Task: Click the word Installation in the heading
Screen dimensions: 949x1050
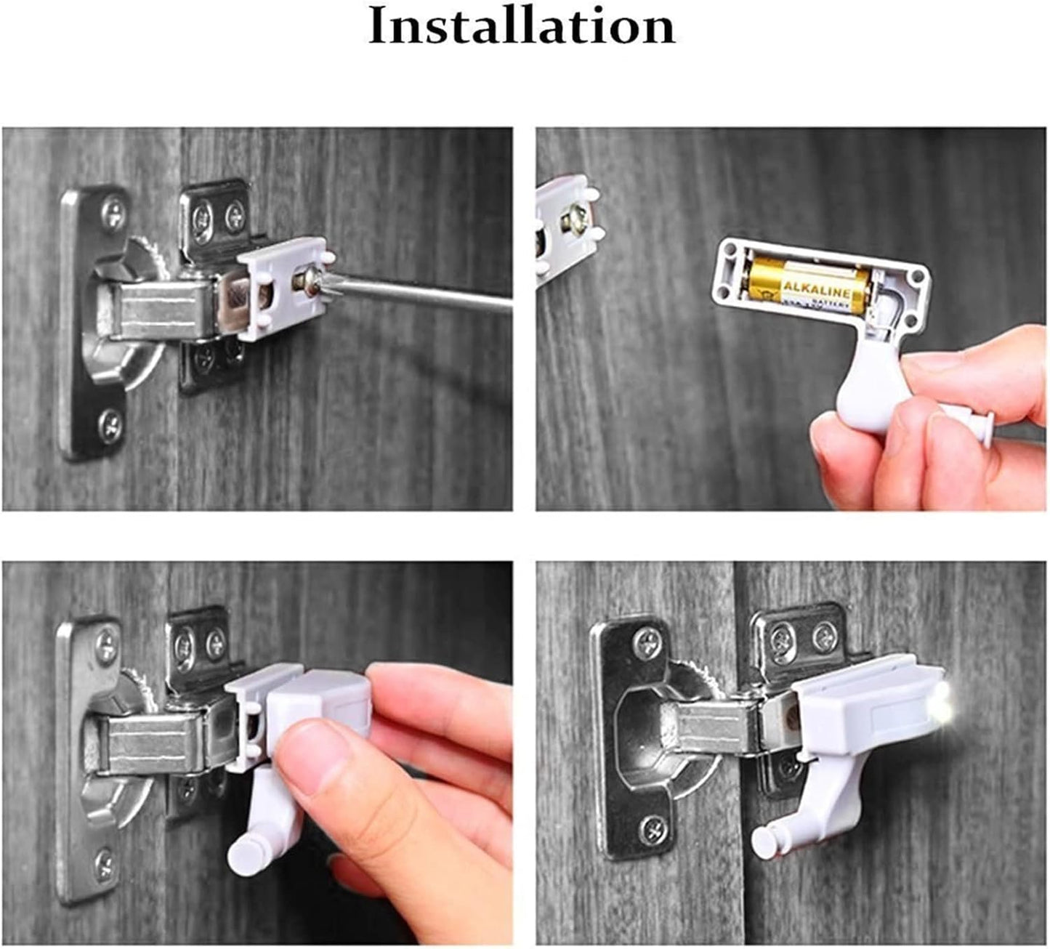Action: point(522,27)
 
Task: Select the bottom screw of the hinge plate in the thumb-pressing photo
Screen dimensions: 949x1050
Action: point(104,863)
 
